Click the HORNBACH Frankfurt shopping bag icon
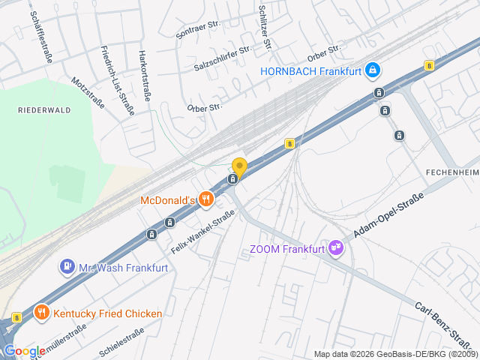click(x=373, y=71)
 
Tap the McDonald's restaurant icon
click(x=208, y=199)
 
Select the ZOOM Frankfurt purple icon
click(x=336, y=248)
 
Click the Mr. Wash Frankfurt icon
click(x=67, y=266)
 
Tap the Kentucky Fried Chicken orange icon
click(x=42, y=313)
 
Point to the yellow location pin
click(x=239, y=166)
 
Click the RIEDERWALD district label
click(x=44, y=109)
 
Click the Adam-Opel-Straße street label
click(x=389, y=215)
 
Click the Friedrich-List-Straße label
click(x=117, y=80)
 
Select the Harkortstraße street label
click(x=144, y=75)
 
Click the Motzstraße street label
click(x=88, y=94)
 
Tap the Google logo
click(x=24, y=351)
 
